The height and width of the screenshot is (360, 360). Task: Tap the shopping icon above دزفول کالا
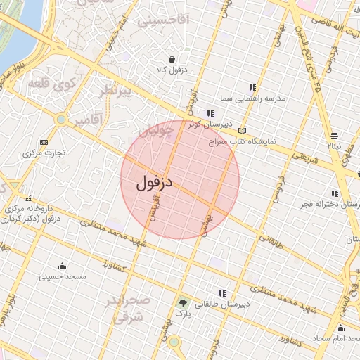pos(172,59)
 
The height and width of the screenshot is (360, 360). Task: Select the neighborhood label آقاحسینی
pos(163,20)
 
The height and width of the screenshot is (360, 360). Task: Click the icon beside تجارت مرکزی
pos(45,141)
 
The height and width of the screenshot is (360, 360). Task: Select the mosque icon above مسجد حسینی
pos(63,266)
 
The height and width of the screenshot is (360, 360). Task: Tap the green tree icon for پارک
pos(184,304)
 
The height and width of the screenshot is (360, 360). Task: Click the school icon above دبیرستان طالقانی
pos(223,293)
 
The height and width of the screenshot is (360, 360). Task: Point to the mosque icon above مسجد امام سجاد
pos(341,328)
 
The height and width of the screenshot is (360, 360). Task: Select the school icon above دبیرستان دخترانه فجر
pos(335,193)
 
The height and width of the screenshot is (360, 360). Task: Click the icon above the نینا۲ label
pos(334,135)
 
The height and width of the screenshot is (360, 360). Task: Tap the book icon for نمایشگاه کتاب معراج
pos(243,131)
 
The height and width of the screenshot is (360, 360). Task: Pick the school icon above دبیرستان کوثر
pos(210,113)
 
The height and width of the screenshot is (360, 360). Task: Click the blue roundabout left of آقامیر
pos(62,120)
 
